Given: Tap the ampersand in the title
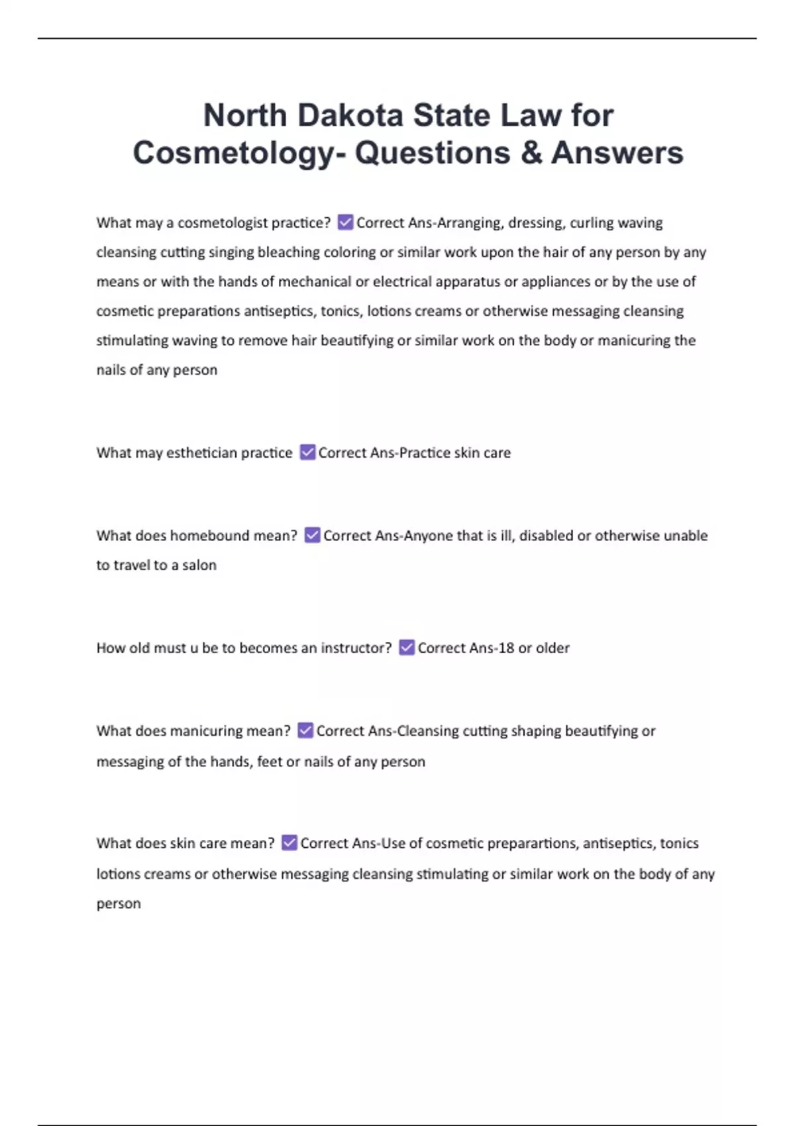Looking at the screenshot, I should point(531,152).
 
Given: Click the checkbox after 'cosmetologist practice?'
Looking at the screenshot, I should point(345,222).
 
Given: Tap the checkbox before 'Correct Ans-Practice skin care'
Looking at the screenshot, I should point(307,452).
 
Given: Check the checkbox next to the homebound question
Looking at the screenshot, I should point(312,535).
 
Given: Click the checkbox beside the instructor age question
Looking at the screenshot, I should point(407,647).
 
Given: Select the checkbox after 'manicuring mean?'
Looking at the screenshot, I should point(305,730).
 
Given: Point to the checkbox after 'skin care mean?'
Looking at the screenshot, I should point(290,843).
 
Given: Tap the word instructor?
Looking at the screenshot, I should point(356,648).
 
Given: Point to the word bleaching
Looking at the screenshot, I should point(288,252).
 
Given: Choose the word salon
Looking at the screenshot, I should point(199,565).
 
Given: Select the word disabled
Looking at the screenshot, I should point(546,535).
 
